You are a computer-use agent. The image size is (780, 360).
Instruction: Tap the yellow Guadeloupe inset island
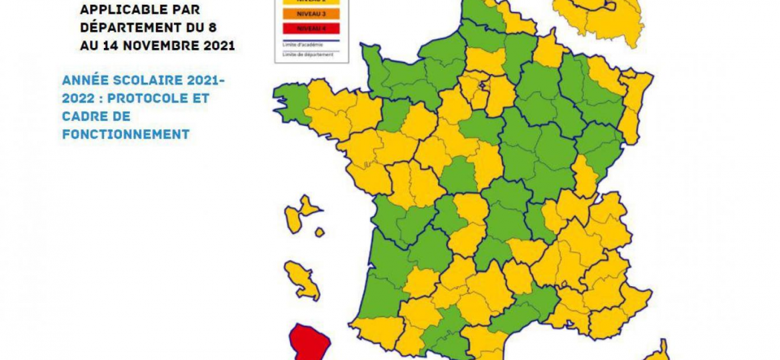coord(301,215)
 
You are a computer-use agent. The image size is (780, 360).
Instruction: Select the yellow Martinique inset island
coord(303,279)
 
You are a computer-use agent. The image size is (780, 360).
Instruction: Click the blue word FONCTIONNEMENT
coord(126,134)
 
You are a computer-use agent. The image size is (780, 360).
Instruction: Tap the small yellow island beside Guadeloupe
coord(320,233)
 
